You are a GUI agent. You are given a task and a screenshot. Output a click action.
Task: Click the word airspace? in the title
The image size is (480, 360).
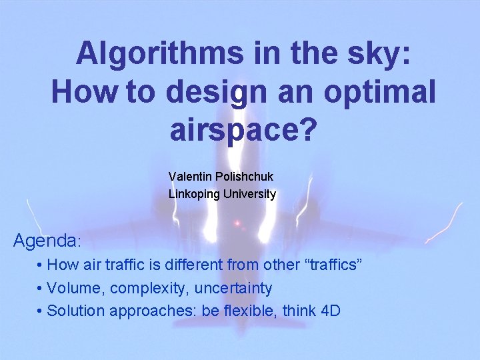pos(241,130)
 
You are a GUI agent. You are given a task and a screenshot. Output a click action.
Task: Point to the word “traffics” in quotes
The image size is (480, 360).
pos(333,265)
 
